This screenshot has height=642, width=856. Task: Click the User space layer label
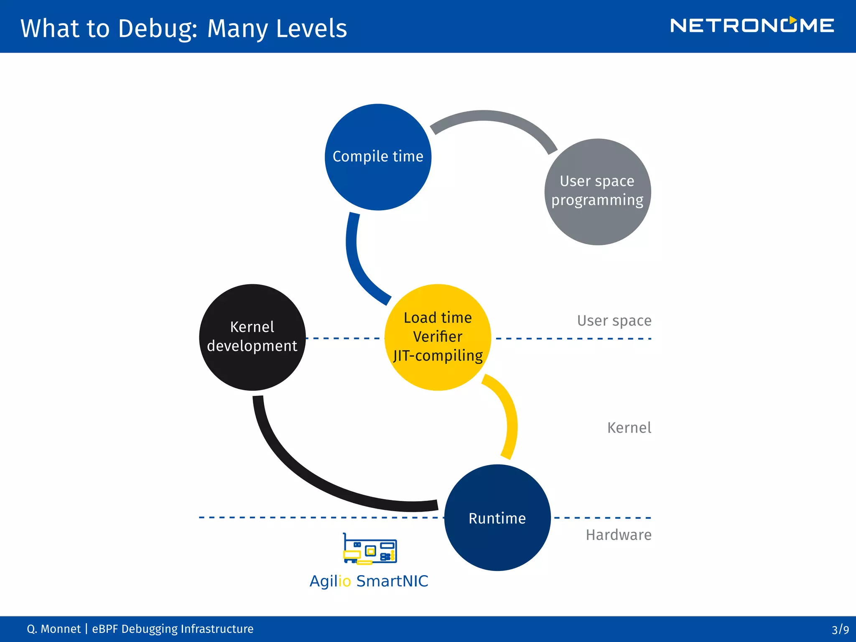coord(614,321)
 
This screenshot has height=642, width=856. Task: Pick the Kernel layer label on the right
coord(629,428)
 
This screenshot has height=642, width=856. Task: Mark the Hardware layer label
coord(618,535)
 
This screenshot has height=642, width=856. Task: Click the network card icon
coord(369,549)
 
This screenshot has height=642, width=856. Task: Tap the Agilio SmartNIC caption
coord(369,581)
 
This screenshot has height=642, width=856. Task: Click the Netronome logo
coord(752,25)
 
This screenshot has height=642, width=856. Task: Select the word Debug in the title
coord(155,28)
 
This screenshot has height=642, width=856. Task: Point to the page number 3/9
coord(840,629)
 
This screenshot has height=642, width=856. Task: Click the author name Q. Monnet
coord(53,629)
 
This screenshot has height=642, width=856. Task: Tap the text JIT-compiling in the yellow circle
coord(438,356)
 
